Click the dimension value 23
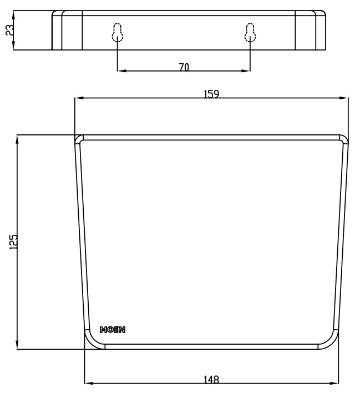tap(9, 30)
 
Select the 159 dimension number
tap(211, 94)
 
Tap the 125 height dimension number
tap(14, 241)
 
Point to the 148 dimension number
tap(211, 380)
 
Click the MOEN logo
tap(112, 330)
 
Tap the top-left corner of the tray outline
tap(79, 138)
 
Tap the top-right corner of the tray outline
tap(345, 138)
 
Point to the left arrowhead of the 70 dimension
tap(121, 71)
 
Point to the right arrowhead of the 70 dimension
tap(246, 71)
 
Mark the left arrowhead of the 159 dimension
tap(78, 98)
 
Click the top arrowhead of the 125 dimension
tap(18, 138)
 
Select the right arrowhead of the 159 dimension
tap(346, 98)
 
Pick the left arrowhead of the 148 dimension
tap(88, 383)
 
